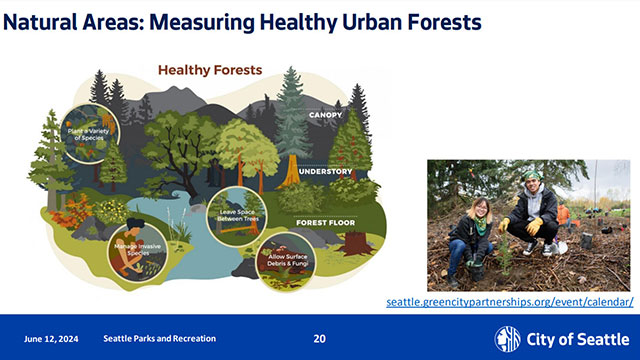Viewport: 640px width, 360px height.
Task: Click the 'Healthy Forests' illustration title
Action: click(210, 71)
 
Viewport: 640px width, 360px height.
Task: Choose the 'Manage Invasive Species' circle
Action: click(132, 250)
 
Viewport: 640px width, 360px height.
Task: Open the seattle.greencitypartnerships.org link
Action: click(510, 301)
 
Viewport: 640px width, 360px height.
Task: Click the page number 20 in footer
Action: click(319, 339)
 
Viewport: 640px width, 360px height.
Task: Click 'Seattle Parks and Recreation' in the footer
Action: click(159, 339)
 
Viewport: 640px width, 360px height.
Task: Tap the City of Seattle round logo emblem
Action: click(508, 339)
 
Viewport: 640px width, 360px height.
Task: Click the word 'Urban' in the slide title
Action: click(361, 21)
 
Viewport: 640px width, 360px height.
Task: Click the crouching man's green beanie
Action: click(532, 177)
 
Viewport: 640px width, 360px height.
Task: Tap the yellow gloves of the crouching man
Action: click(540, 226)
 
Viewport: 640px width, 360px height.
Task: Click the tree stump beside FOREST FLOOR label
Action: click(353, 241)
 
